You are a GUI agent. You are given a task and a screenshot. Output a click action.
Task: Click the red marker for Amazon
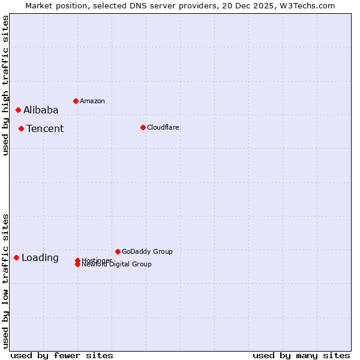point(76,101)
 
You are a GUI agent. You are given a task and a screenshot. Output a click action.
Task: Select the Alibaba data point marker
point(18,110)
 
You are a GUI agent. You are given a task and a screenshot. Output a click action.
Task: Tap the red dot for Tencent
point(21,128)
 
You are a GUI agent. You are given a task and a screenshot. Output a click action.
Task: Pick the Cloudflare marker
point(143,127)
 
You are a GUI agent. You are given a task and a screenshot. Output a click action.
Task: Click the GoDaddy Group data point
point(118,251)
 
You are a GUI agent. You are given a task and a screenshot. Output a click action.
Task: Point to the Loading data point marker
point(16,257)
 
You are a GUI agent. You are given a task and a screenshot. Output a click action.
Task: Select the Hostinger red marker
point(77,260)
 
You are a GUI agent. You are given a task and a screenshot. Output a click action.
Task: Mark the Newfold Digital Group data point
point(77,265)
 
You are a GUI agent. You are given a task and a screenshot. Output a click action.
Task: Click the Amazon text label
point(92,101)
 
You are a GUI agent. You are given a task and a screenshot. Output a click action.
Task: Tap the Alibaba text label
point(41,110)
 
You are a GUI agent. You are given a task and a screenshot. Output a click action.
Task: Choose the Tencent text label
point(45,128)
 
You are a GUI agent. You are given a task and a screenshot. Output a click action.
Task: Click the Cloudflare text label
point(163,127)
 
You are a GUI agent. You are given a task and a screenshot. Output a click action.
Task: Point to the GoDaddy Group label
point(147,251)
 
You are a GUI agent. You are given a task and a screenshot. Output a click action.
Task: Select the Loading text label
point(40,257)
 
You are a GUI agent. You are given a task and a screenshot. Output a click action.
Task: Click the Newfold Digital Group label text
point(117,265)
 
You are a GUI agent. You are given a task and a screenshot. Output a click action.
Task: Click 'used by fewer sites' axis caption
point(62,355)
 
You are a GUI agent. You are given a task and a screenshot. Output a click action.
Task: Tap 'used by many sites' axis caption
point(301,355)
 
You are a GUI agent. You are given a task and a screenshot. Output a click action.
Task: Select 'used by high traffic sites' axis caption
point(5,85)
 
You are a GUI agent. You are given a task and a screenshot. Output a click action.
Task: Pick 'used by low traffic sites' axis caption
point(5,280)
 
